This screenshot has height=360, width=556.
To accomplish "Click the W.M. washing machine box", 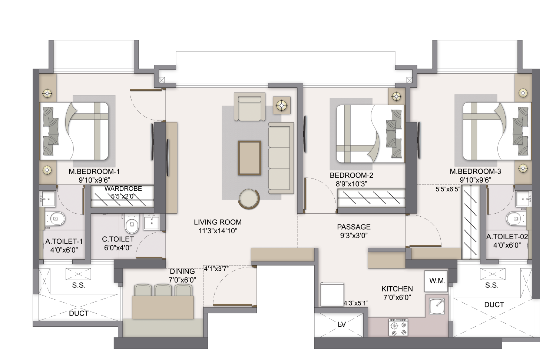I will tap(437, 281).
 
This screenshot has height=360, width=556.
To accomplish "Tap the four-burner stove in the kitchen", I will tap(398, 327).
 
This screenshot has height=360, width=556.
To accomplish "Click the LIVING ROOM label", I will tap(218, 222).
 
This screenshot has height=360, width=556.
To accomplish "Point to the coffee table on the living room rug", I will tap(249, 157).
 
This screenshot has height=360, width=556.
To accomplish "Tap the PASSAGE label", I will tap(354, 227).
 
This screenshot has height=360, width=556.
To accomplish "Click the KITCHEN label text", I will tap(397, 289).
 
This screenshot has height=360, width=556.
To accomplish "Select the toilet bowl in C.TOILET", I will tap(130, 224).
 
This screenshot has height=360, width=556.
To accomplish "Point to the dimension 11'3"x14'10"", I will tap(218, 231).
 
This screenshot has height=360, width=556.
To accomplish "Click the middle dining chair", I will tap(163, 290).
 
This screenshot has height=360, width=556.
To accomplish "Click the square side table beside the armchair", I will tap(282, 105).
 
